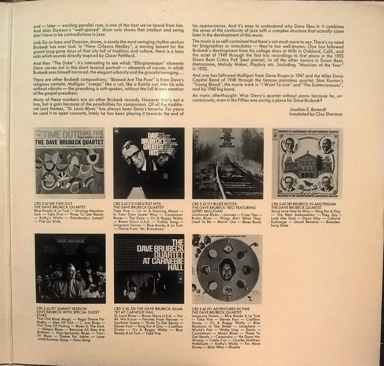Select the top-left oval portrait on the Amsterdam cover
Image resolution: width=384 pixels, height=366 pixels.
coord(284,142)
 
